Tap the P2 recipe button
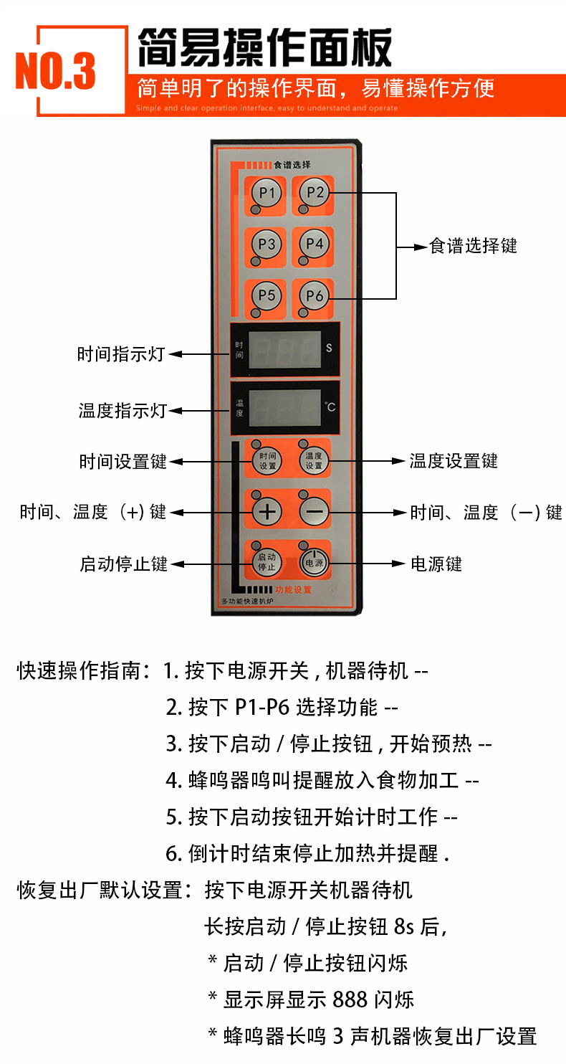tap(315, 192)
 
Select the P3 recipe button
tap(267, 244)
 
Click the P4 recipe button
tap(315, 244)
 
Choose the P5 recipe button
tap(267, 295)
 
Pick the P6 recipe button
tap(315, 295)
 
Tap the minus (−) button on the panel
tap(315, 512)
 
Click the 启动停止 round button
tap(267, 562)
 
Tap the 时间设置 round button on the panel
tap(267, 460)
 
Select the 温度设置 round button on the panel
tap(314, 460)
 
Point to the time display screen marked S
tap(285, 350)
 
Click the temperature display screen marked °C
tap(285, 408)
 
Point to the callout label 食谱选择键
tap(473, 246)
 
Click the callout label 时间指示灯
tap(121, 354)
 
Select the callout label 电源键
tap(436, 564)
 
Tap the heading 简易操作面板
tap(264, 47)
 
